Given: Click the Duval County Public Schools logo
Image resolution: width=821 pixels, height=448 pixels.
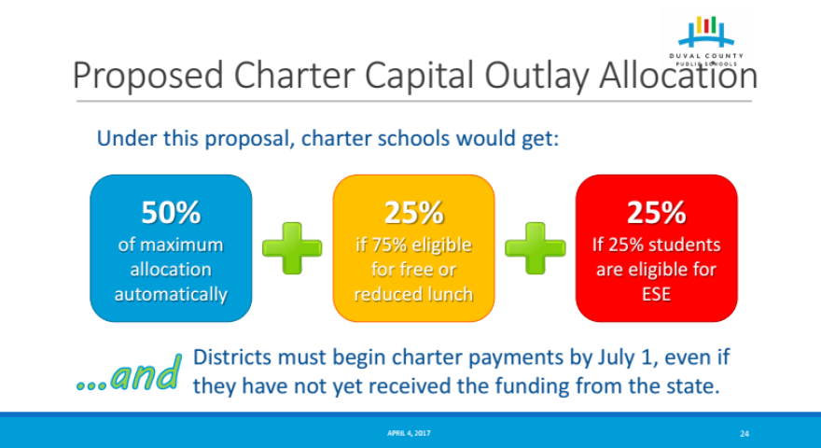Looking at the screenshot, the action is (x=706, y=41).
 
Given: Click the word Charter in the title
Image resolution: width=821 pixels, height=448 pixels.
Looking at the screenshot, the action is (x=295, y=76).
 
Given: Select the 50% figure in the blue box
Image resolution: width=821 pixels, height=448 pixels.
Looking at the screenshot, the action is (x=171, y=212).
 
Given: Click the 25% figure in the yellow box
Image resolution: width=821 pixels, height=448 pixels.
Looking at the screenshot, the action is (x=413, y=212).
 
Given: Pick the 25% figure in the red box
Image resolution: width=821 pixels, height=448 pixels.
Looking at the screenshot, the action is (x=657, y=212).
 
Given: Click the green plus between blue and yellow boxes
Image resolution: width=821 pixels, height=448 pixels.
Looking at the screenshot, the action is (x=292, y=248).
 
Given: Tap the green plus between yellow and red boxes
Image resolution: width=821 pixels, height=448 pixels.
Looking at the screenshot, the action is (x=536, y=248).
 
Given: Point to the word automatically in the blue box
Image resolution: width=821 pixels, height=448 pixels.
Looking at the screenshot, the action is (x=172, y=295).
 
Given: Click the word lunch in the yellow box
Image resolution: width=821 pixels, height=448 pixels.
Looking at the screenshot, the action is (x=450, y=294).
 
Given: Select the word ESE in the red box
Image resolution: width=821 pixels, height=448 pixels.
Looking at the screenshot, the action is (x=657, y=294).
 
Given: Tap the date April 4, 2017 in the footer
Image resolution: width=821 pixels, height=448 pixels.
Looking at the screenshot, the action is (x=409, y=433).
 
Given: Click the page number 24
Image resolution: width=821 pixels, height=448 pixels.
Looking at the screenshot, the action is (x=744, y=434).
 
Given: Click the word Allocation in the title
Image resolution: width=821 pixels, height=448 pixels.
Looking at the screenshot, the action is (x=678, y=76).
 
